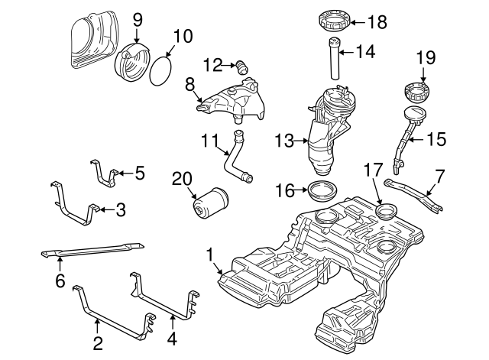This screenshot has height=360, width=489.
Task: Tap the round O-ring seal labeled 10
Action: tap(160, 70)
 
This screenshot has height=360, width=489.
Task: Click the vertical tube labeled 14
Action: tap(334, 58)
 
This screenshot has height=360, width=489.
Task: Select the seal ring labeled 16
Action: tap(321, 190)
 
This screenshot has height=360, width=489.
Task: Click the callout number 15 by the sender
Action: tap(436, 139)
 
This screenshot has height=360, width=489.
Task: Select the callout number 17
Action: tap(373, 169)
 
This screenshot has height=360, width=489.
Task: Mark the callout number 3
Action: tap(120, 208)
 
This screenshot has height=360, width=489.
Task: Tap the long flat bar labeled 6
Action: tap(92, 248)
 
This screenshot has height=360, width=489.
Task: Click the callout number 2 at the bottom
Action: tap(98, 343)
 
